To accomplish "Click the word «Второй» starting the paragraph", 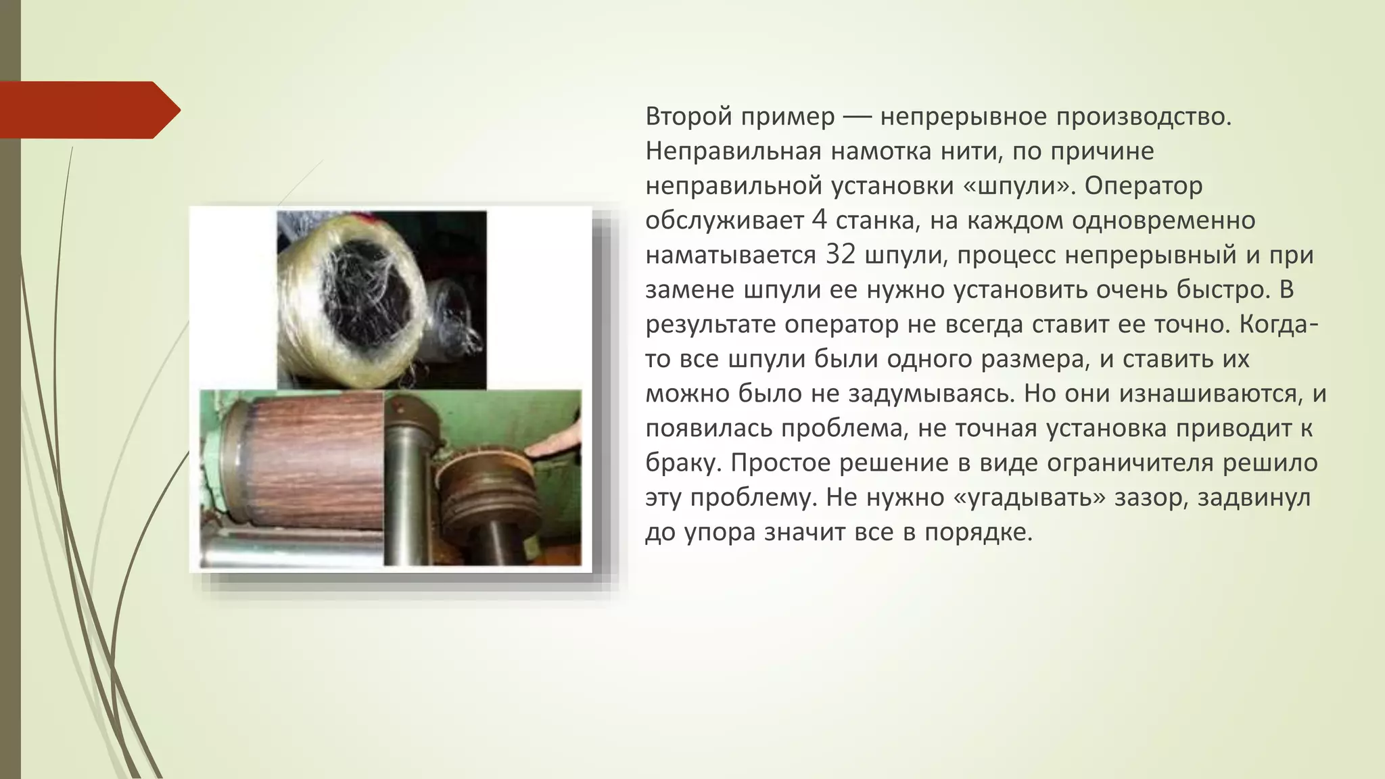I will (x=688, y=116).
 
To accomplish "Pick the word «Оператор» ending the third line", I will (x=1144, y=185).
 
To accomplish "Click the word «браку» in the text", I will (x=684, y=463).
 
